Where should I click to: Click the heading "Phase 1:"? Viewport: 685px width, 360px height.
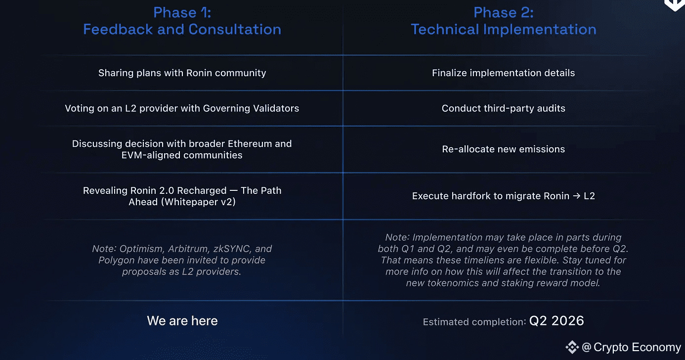click(182, 12)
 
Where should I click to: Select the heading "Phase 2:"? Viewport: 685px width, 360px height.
click(504, 12)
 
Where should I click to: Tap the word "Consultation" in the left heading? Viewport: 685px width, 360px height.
click(235, 29)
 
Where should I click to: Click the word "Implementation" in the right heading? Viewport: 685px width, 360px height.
click(540, 30)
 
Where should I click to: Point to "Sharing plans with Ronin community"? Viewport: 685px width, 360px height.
click(182, 73)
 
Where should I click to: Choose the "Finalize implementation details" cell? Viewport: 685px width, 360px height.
click(503, 73)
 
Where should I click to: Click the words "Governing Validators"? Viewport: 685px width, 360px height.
click(251, 108)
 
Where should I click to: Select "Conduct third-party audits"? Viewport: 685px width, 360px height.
click(503, 108)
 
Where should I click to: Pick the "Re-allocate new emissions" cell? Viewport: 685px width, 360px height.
click(503, 149)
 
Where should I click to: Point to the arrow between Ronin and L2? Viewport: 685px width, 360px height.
click(576, 196)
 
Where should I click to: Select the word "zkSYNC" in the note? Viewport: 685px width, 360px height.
click(231, 249)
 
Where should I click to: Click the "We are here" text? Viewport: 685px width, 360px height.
click(182, 321)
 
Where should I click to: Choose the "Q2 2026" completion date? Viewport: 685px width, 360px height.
click(557, 321)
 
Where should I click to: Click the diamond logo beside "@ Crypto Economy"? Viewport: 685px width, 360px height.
click(572, 347)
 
